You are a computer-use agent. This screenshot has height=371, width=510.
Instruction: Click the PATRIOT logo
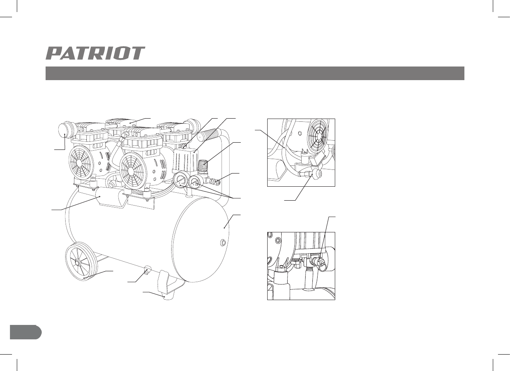tap(95, 53)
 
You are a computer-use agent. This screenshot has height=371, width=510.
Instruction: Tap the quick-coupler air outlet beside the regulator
tap(216, 181)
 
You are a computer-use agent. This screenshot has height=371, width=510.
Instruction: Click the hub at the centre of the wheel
tap(78, 262)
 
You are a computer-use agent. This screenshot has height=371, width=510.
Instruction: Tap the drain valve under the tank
tap(146, 270)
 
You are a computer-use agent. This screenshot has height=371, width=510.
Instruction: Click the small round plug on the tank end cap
tap(223, 242)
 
